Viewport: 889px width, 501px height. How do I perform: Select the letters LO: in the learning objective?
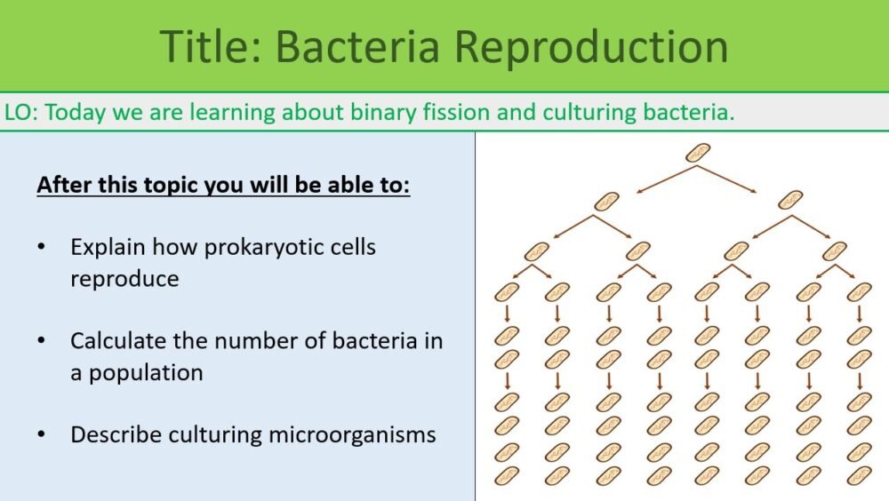pos(20,113)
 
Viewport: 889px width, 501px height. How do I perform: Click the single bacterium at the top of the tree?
pos(698,153)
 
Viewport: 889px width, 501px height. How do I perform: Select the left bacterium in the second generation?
pos(606,202)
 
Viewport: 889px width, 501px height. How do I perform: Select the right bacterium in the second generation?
pos(789,202)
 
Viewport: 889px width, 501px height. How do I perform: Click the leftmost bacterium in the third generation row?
pos(536,251)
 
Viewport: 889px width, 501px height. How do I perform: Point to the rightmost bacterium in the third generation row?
pos(835,251)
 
